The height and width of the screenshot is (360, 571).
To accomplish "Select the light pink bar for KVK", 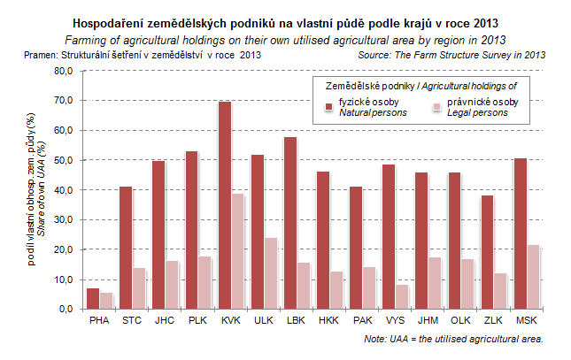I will [x=238, y=251].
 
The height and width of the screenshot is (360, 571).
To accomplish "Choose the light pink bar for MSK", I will [x=534, y=277].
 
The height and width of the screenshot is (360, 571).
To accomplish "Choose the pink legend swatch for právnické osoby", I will [x=435, y=108].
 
